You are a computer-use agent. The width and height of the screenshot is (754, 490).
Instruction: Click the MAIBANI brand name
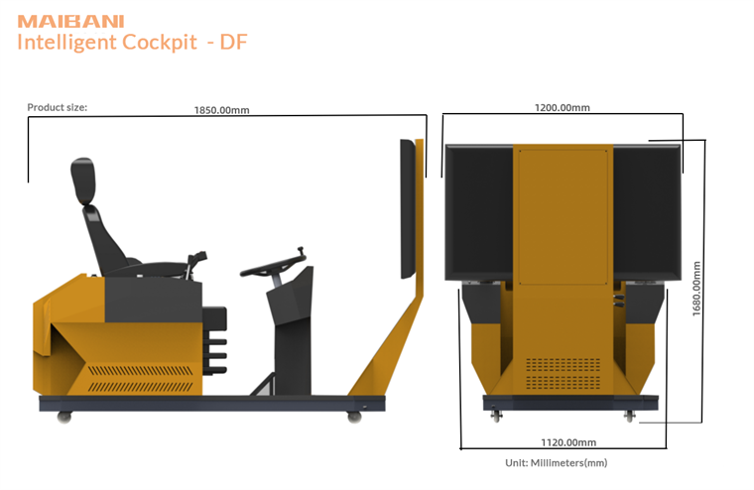[x=59, y=21]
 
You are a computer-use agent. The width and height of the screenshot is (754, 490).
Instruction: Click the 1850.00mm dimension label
[x=221, y=110]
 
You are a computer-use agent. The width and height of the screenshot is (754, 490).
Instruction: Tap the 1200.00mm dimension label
[x=563, y=107]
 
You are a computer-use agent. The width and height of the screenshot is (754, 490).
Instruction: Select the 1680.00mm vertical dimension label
[x=697, y=289]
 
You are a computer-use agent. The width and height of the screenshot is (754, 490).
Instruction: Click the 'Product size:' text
[x=57, y=107]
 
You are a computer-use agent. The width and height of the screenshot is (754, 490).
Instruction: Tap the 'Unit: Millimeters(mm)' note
[x=557, y=462]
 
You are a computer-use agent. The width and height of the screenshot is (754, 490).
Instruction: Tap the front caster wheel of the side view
[x=354, y=416]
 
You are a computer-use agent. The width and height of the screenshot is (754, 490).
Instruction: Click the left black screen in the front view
[x=480, y=211]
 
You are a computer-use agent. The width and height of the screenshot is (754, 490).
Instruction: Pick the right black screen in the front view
[x=646, y=211]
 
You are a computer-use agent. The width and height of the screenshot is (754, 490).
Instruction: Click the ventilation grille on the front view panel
[x=562, y=373]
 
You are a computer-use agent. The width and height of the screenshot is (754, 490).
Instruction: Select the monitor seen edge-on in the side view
[x=407, y=208]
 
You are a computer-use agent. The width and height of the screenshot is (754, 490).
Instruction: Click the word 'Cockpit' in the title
[x=160, y=42]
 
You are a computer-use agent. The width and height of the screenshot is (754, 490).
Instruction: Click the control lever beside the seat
[x=197, y=264]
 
